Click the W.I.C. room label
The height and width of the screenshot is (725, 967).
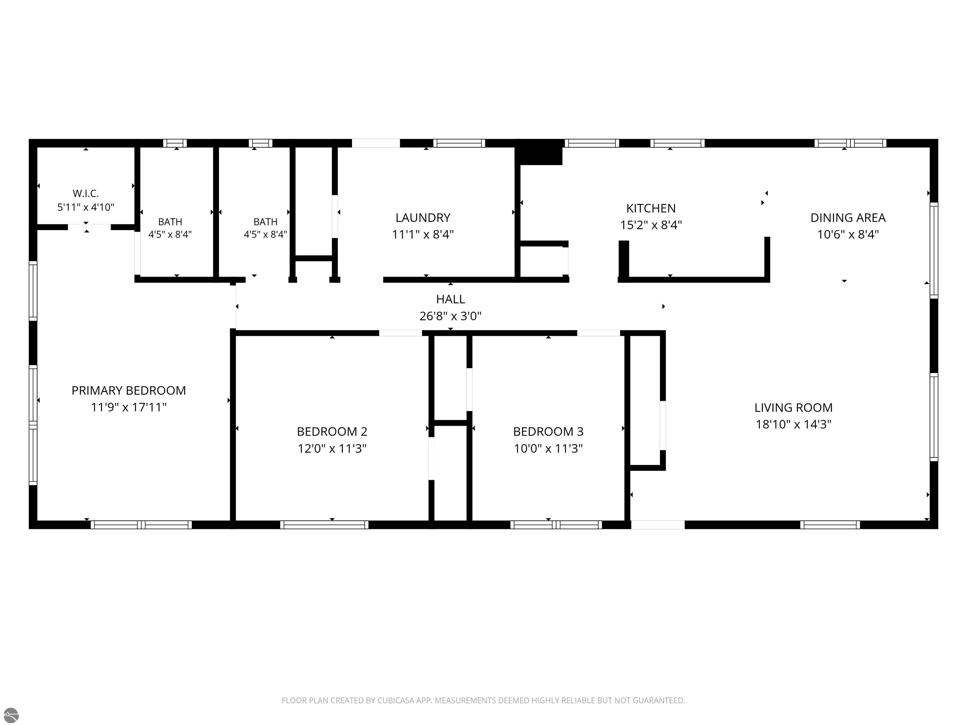coord(86,193)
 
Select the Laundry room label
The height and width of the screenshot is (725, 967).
coord(423,218)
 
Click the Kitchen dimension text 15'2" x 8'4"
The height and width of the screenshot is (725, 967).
coord(651,225)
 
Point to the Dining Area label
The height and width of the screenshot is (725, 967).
coord(848,218)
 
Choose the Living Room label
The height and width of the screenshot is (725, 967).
coord(794,408)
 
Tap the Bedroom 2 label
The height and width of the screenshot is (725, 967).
coord(332,432)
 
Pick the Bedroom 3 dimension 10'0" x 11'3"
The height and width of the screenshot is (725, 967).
coord(548,448)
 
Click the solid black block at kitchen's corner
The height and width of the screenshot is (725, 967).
coord(539,152)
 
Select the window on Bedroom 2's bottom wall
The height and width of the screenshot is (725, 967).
coord(324,525)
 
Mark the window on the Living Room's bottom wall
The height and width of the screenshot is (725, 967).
coord(830,525)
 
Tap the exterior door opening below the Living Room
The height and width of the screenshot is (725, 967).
coord(658,525)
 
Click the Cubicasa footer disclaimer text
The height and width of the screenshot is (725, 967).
coord(483,700)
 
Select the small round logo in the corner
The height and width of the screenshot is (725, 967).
coord(11,715)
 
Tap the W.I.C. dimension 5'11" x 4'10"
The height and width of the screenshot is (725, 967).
coord(86,207)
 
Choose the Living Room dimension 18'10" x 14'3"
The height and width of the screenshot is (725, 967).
coord(794,424)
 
